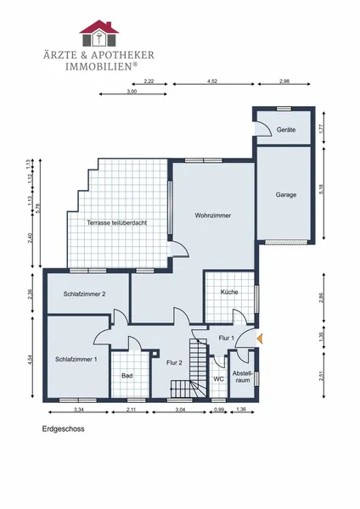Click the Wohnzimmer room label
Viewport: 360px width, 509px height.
point(213,215)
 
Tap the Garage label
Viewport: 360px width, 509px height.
point(286,195)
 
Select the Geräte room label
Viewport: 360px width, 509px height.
point(286,130)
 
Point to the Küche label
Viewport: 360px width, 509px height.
point(229,292)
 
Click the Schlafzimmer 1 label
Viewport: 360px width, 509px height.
point(76,360)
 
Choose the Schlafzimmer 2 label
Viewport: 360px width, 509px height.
point(84,294)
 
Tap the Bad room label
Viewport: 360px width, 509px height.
point(127,376)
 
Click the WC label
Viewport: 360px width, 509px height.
point(219,379)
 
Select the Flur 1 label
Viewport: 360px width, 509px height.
point(226,338)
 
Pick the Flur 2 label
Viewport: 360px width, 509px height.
point(174,362)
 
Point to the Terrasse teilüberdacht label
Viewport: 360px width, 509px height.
point(116,222)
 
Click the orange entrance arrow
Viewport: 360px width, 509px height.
point(260,338)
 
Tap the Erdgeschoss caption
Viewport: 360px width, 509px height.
point(64,428)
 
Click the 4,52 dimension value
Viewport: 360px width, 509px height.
point(212,81)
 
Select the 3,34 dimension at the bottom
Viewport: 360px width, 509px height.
point(79,410)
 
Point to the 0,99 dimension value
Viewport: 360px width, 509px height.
point(219,410)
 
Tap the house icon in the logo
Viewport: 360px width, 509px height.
point(99,33)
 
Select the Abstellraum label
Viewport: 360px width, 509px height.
point(242,377)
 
